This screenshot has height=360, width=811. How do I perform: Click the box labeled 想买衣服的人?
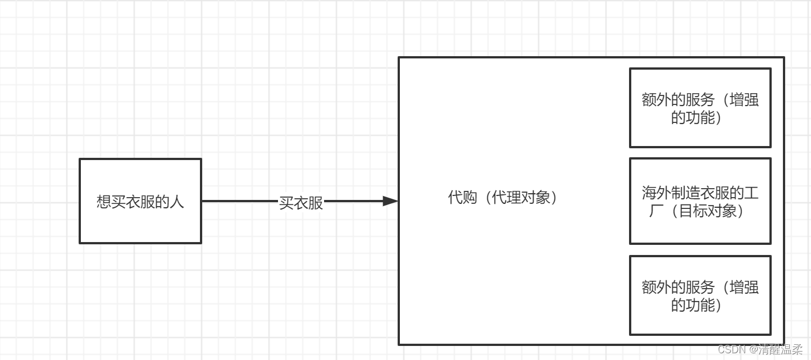[x=140, y=201]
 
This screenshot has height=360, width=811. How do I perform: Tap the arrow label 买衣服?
[x=301, y=203]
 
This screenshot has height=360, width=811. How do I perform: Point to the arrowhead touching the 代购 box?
[x=391, y=201]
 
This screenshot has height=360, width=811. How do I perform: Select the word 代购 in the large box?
[x=462, y=198]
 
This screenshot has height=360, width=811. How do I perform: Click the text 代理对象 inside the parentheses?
[x=521, y=198]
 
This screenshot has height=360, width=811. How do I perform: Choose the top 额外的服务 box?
[x=700, y=108]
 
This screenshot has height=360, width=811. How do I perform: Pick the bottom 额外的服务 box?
[x=700, y=295]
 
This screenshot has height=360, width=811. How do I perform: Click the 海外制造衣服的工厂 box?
[x=700, y=201]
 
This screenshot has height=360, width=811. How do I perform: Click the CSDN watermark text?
[x=731, y=350]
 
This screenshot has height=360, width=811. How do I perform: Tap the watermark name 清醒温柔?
[x=782, y=350]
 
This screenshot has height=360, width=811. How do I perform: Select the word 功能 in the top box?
[x=700, y=118]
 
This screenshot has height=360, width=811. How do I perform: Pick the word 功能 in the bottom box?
[x=700, y=305]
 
